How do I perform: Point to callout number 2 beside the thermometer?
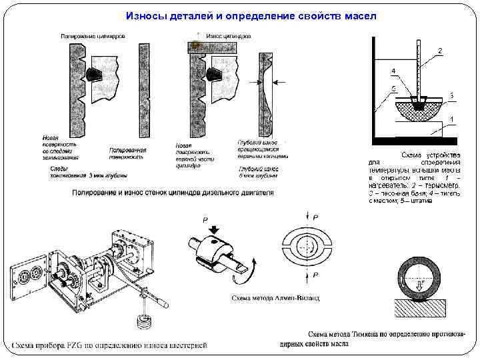tap(439, 51)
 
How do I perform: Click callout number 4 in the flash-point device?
tap(393, 70)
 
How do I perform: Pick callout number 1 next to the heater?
tap(451, 119)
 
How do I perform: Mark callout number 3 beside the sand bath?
tap(451, 95)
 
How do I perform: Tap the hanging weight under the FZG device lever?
tap(141, 323)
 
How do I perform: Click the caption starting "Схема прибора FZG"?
tap(109, 345)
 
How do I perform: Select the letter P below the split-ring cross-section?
tap(315, 275)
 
